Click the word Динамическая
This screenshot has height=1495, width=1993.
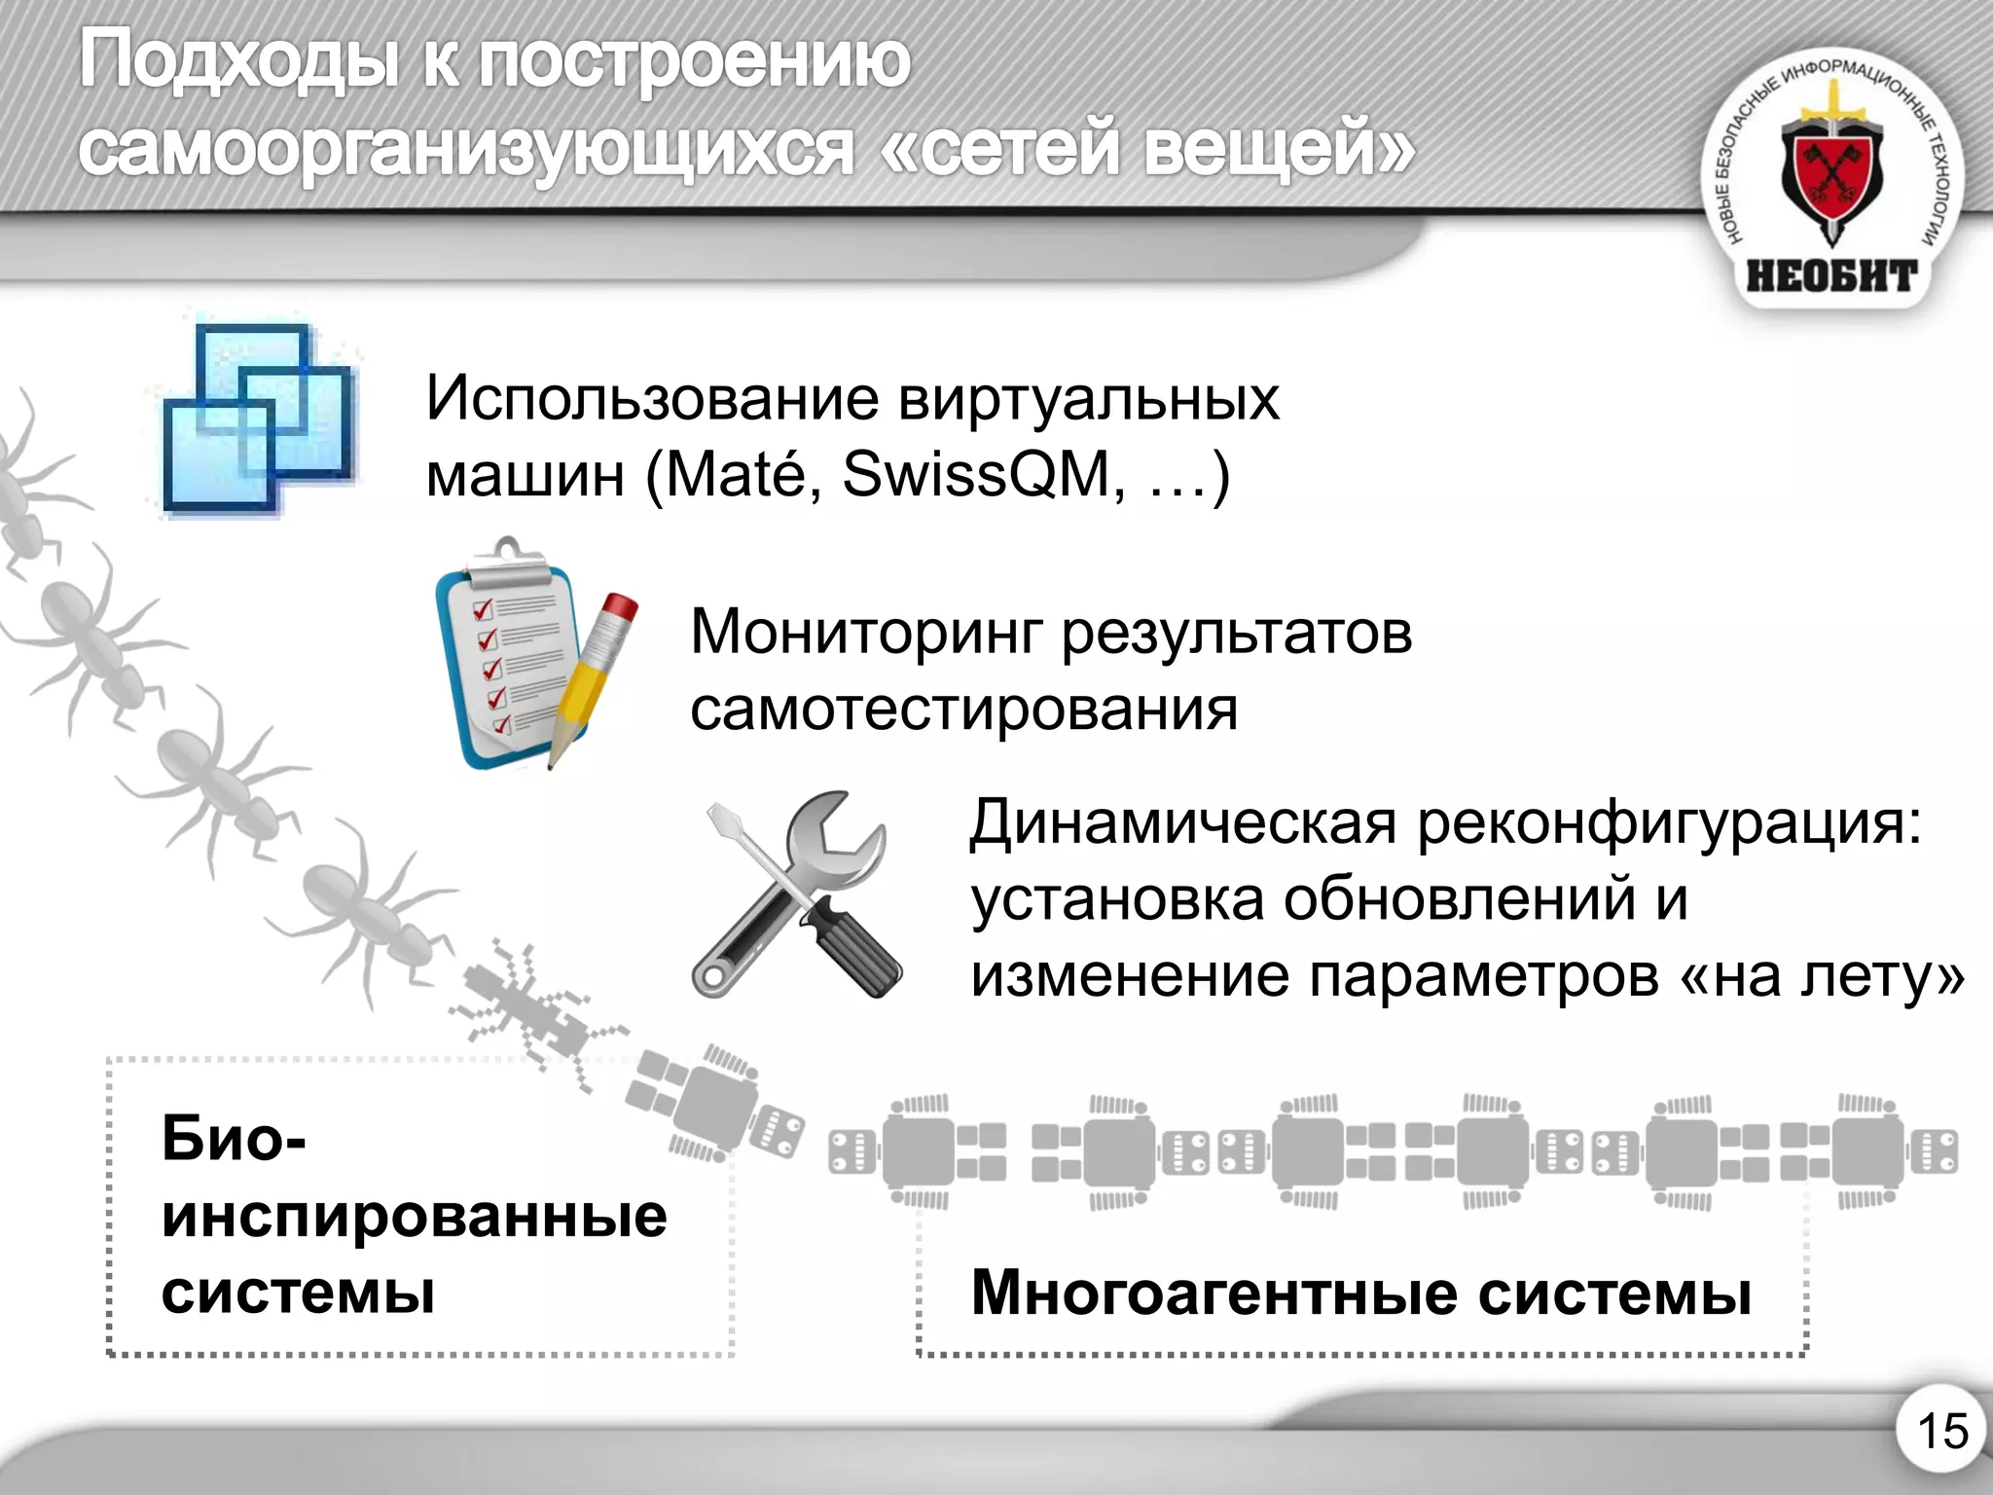tap(1182, 822)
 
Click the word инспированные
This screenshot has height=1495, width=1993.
tap(415, 1216)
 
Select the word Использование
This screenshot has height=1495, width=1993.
tap(652, 398)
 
